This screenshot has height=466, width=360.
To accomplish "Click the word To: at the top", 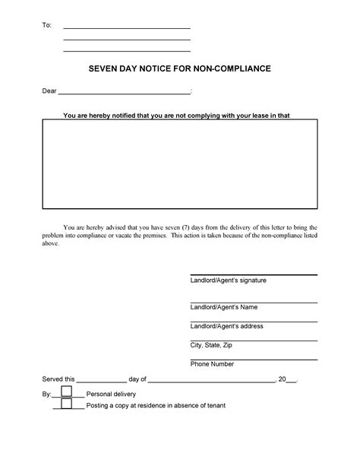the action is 47,26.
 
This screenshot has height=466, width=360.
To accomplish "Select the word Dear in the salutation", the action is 49,93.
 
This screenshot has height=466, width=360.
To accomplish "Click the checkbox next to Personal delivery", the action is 67,392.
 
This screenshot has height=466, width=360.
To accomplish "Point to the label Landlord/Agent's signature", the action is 228,281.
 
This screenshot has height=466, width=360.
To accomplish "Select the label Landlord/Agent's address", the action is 226,325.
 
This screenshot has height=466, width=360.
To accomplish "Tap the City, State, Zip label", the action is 212,345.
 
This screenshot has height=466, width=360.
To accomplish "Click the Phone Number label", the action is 212,364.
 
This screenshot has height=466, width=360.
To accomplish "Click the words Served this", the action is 58,379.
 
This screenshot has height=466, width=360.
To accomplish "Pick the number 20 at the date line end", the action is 283,379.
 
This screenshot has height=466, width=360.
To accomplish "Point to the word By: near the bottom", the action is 46,395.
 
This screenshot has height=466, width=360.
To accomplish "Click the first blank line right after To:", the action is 126,27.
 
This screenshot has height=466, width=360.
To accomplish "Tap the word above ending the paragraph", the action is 49,245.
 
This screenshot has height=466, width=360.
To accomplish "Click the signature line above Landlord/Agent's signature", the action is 254,274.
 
